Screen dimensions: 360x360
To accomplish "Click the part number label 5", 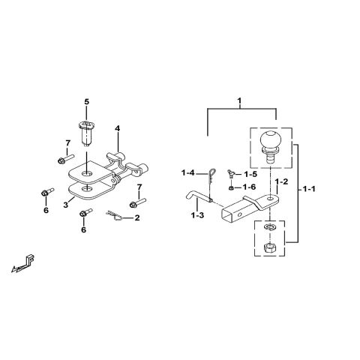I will (x=86, y=100).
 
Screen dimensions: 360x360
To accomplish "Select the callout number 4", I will (x=117, y=128).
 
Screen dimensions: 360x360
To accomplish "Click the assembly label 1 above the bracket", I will (x=239, y=100).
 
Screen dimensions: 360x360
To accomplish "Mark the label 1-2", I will (x=281, y=182).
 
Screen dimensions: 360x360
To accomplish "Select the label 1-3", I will (x=197, y=216).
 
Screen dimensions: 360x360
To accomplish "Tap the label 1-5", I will (x=250, y=174).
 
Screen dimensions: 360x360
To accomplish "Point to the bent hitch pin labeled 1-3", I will (x=196, y=197).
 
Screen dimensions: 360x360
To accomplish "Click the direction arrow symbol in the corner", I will (x=25, y=262).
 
